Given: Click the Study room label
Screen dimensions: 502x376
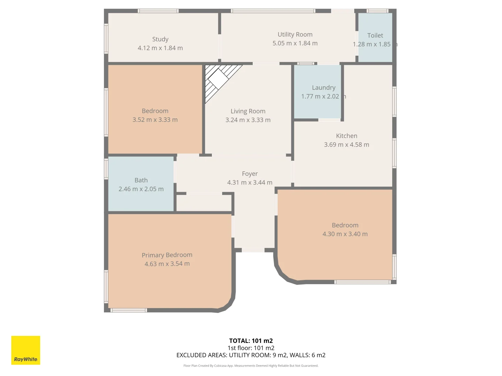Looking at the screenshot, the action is coord(160,39).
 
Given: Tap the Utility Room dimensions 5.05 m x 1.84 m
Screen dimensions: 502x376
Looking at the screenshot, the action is coord(295,43).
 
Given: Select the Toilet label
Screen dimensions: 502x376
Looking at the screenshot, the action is coord(375,36).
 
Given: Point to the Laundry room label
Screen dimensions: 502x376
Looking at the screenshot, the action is coord(324,88).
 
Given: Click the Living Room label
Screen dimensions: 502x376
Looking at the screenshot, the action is coord(248,111).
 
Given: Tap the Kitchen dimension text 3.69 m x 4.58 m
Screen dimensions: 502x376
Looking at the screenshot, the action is coord(347,144).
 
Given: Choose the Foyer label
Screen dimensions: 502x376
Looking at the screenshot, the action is coord(250,174).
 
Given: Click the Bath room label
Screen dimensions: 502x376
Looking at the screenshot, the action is coord(141,180).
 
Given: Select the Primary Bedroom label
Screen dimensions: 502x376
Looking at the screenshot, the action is coord(167,255).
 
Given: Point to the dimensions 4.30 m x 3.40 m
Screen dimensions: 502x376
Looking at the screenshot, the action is coord(345,234).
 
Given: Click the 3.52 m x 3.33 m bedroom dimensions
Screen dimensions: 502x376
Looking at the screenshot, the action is coord(155,120).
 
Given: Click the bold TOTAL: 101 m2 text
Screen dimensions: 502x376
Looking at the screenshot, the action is coord(251,340).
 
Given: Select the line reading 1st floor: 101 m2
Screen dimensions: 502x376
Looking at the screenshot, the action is coord(251,348).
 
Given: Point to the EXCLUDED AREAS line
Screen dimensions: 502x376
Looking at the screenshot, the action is coord(251,355).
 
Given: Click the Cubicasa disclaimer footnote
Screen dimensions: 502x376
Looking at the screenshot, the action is coord(251,366).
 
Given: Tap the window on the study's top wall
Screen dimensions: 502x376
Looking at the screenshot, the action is coord(158,11).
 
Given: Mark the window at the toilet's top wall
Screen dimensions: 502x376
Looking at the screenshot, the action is coord(378,11).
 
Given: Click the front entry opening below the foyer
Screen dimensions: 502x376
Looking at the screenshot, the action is coord(253,250).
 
